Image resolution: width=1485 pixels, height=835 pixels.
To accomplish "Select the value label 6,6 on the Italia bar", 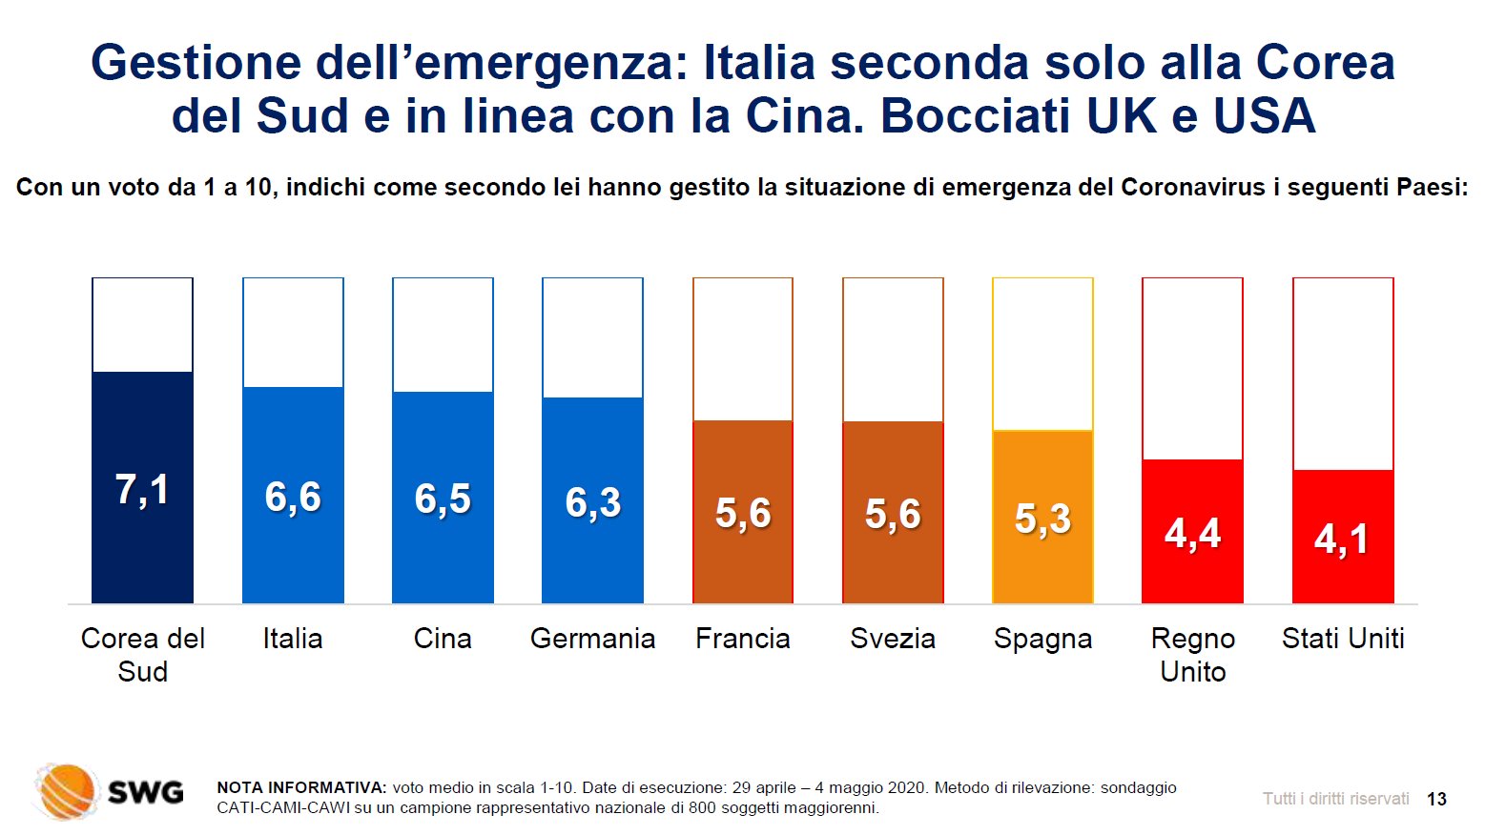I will click(293, 498).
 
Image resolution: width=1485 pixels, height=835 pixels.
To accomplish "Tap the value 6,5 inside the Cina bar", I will click(443, 499).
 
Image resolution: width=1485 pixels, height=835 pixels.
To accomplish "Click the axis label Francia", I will click(743, 639).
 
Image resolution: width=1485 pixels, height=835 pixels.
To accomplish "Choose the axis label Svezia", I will click(893, 639).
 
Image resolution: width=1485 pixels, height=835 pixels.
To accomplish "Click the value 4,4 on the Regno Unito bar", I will click(1192, 534).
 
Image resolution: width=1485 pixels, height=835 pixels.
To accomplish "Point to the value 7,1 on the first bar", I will click(142, 490).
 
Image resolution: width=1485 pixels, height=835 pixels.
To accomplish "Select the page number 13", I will click(1436, 799).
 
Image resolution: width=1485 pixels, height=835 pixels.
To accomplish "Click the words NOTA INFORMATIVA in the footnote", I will click(301, 787).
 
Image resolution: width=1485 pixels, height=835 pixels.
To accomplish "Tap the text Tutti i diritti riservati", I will click(1335, 799).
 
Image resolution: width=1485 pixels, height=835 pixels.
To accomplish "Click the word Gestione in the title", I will click(196, 63).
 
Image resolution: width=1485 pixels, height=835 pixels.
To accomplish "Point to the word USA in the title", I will click(1264, 116).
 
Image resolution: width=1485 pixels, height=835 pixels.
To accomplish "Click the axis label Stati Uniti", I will click(1343, 639).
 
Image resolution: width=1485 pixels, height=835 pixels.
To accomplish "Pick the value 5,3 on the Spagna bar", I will click(1042, 519).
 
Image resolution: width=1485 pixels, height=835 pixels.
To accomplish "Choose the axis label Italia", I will click(293, 639).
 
